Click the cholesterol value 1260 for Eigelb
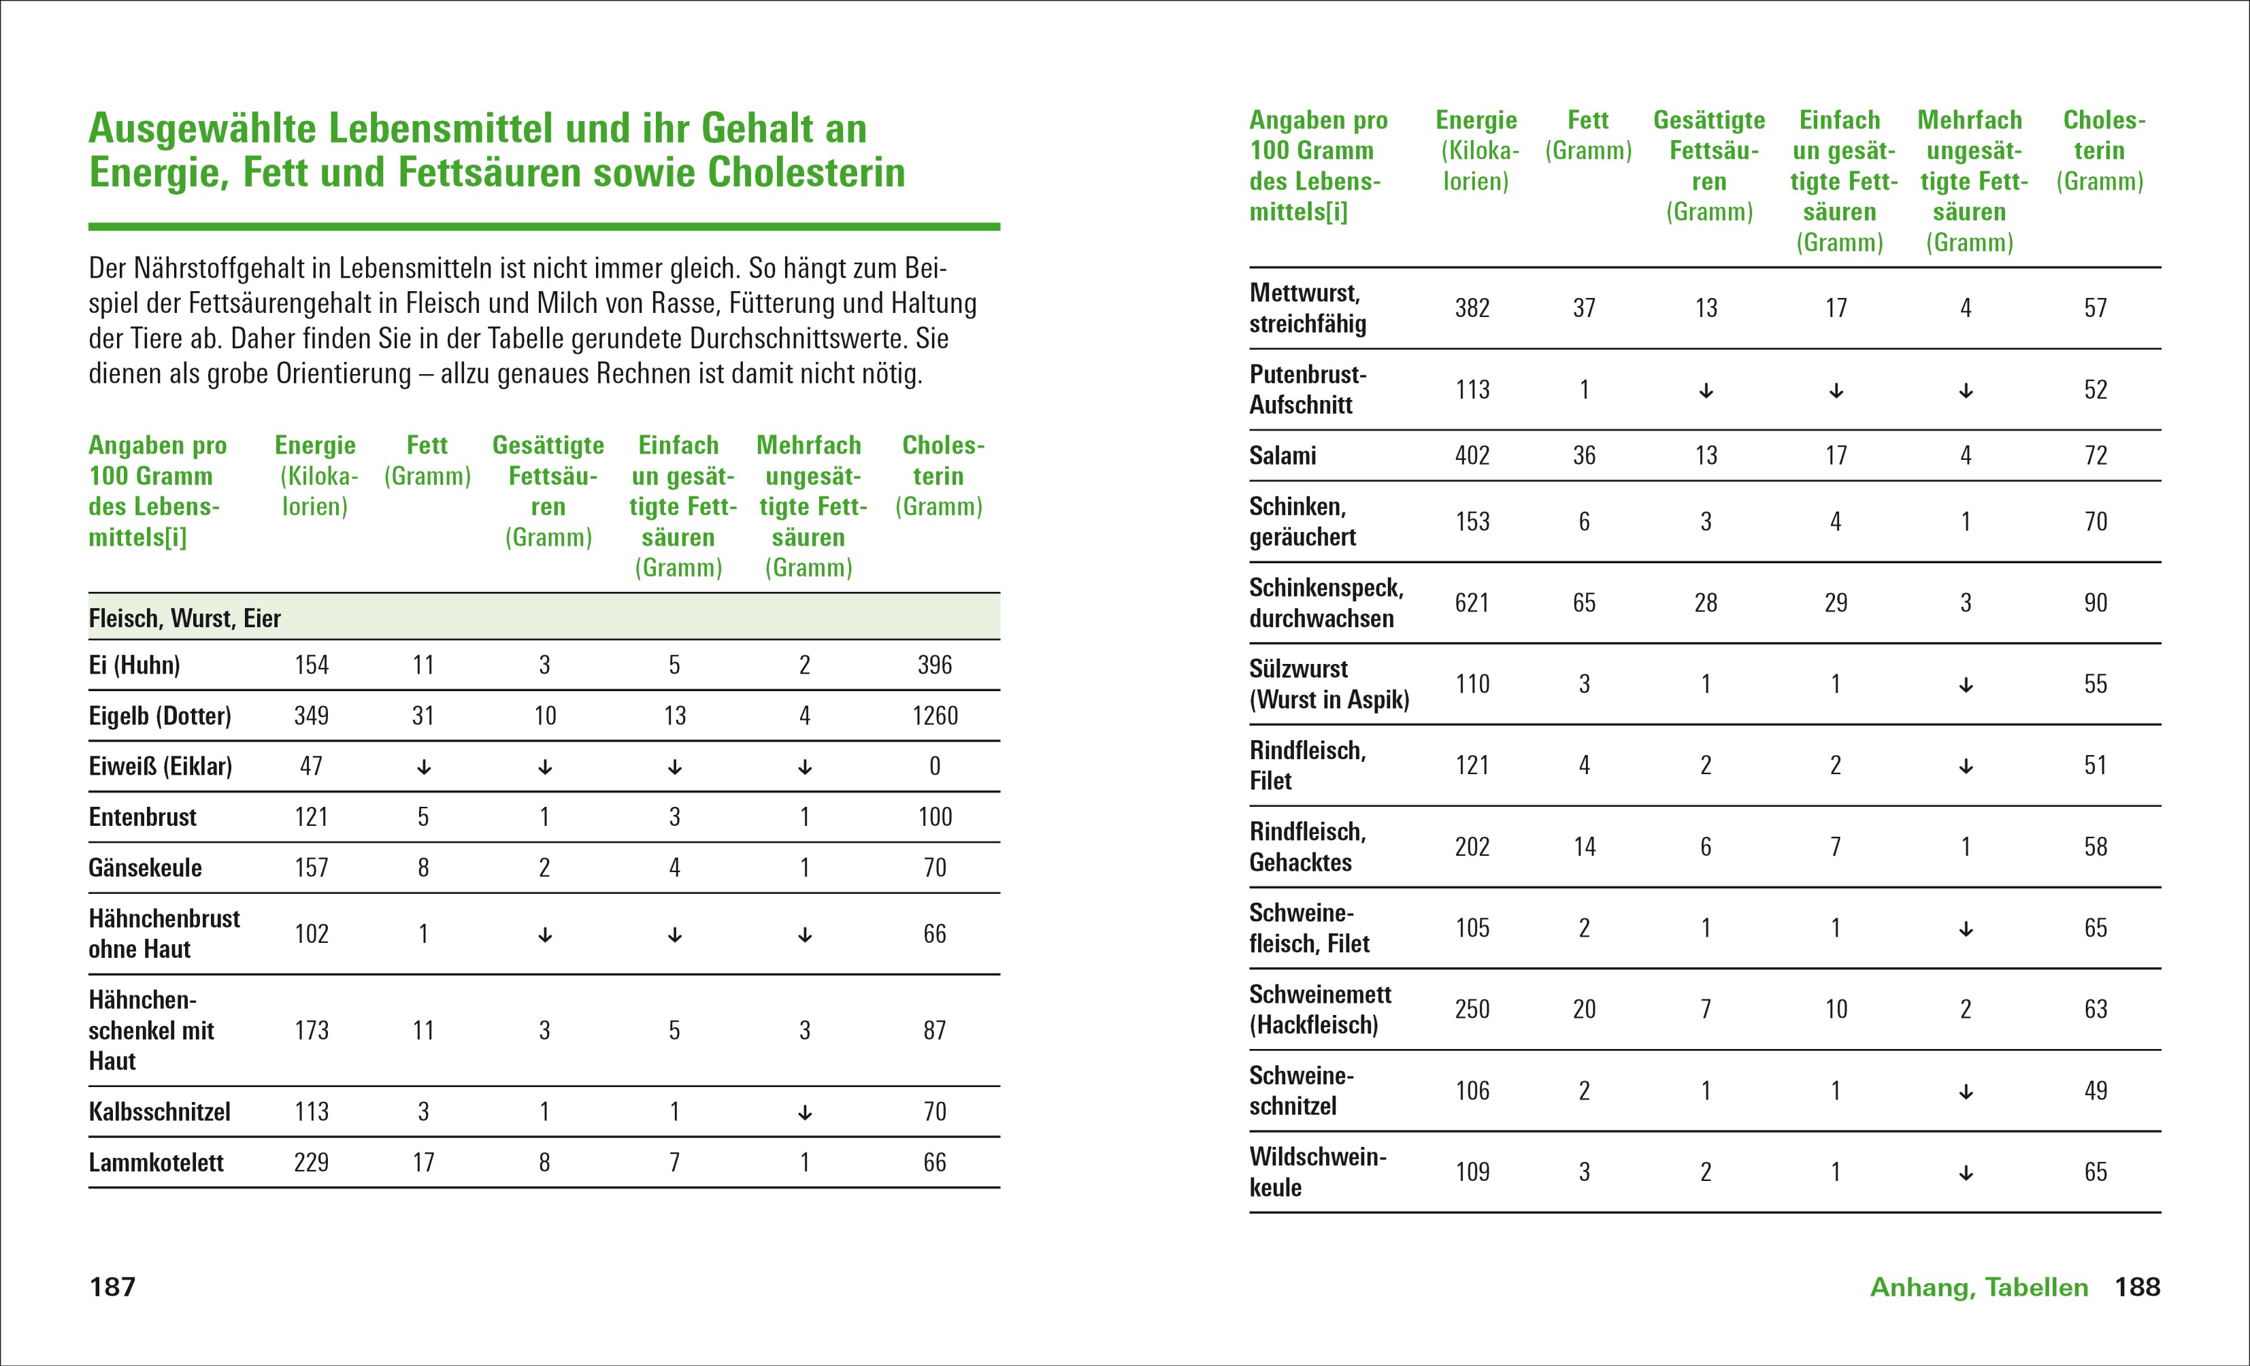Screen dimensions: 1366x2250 click(935, 716)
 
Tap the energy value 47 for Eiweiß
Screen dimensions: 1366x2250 click(312, 766)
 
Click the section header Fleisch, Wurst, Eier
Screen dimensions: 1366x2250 click(184, 618)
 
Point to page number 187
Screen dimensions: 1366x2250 click(112, 1286)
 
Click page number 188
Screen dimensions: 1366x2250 click(2138, 1286)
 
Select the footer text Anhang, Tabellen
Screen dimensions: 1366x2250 click(1979, 1286)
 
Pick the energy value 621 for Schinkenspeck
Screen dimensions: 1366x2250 click(1472, 603)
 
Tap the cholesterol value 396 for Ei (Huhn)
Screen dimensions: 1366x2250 click(934, 665)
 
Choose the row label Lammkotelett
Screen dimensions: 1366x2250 click(156, 1163)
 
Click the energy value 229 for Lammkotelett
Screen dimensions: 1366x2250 click(312, 1163)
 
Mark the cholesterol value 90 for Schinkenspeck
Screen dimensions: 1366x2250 click(2096, 603)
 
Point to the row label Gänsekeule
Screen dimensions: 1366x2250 click(145, 867)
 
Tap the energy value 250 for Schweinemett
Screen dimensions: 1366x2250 click(1472, 1009)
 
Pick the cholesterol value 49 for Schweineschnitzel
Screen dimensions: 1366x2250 click(2096, 1090)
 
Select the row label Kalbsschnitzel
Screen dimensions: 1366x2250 click(159, 1112)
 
